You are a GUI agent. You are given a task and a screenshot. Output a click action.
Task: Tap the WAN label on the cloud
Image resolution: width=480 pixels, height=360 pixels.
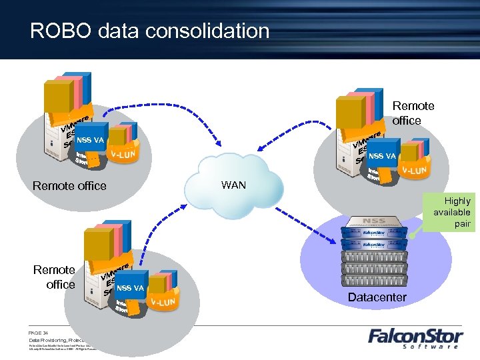233,185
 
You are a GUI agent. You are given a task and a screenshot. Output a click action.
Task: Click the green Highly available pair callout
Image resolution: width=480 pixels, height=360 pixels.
453,212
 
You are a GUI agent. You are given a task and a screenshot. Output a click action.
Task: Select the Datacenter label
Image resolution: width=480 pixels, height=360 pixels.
377,297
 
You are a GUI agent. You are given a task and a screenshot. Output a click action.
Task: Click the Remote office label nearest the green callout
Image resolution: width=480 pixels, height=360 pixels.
413,113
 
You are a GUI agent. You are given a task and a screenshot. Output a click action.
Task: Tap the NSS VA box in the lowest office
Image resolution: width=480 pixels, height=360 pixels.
130,288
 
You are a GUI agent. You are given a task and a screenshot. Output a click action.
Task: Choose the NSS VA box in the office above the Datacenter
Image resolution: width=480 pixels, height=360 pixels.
382,156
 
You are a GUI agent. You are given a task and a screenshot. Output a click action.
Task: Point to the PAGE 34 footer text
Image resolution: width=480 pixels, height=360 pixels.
39,331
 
